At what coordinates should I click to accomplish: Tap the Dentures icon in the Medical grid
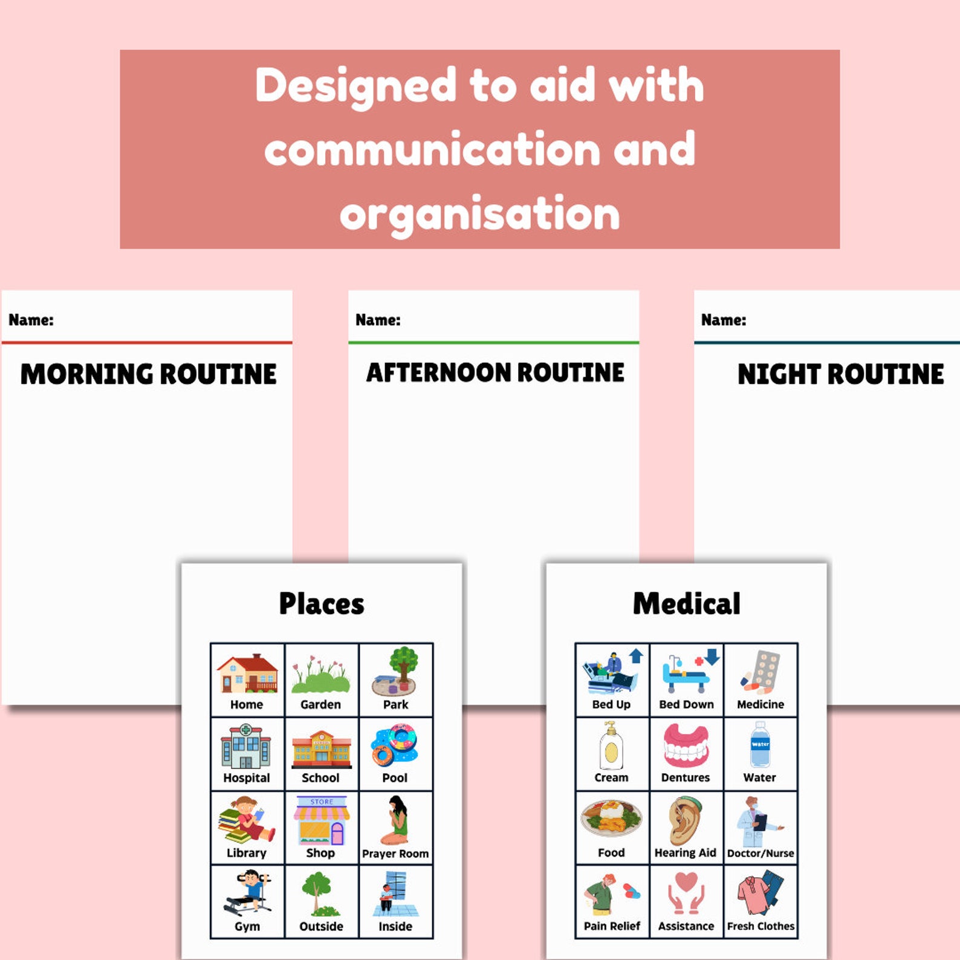pos(686,746)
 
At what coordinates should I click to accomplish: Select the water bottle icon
pos(760,744)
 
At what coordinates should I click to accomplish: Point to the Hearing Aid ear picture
pos(686,820)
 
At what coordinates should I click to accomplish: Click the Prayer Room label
pos(395,854)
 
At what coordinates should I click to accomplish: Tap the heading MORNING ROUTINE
pos(149,374)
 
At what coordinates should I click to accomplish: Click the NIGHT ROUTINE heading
pos(841,374)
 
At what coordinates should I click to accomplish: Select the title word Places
pos(322,603)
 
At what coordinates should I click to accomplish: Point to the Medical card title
pos(687,603)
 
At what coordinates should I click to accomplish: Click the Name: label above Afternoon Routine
pos(378,320)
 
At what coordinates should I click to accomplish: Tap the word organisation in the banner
pos(480,214)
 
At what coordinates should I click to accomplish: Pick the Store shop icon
pos(322,820)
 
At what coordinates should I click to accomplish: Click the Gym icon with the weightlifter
pos(247,894)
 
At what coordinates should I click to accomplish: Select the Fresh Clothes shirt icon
pos(760,893)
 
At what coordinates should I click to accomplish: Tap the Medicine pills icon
pos(761,672)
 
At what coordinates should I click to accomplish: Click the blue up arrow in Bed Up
pos(636,656)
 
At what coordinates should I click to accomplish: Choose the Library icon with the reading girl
pos(247,820)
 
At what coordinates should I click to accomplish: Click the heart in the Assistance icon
pos(686,881)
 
